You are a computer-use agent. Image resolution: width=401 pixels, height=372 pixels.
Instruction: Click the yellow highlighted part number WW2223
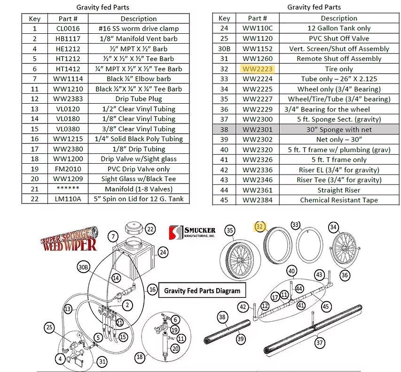coord(257,69)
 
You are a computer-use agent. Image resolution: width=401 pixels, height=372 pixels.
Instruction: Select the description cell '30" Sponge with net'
coord(339,129)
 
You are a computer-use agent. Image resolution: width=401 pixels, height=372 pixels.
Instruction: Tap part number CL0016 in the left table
coord(68,29)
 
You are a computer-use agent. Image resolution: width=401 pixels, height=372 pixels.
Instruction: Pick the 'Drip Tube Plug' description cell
coord(138,99)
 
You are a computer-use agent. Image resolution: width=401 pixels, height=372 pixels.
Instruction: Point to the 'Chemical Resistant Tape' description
coord(339,200)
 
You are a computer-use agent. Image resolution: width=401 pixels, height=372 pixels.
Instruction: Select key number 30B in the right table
coord(224,49)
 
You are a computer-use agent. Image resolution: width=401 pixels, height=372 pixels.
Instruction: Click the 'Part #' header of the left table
coord(68,19)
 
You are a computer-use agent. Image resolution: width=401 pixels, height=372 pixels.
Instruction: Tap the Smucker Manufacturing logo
coord(193,232)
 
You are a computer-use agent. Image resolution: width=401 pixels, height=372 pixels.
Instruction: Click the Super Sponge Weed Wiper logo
coord(69,238)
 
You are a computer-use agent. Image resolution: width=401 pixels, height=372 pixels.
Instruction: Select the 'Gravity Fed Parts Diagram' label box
coord(202,291)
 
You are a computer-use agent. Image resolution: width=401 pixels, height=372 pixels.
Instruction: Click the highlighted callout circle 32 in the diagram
coord(259,227)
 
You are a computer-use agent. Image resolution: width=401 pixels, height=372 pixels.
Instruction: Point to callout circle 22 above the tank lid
coord(150,229)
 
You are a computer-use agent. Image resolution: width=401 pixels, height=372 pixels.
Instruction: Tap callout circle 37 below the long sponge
coord(320,343)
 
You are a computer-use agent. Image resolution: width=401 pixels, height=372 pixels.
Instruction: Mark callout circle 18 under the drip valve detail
coord(140,357)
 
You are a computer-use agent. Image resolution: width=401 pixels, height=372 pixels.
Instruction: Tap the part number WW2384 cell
coord(257,200)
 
